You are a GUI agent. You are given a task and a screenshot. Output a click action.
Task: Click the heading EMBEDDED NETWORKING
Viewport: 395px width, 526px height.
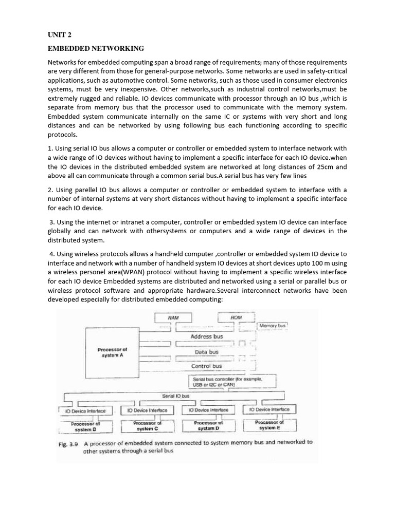click(96, 49)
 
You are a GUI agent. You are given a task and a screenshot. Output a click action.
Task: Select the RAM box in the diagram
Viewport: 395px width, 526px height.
click(173, 318)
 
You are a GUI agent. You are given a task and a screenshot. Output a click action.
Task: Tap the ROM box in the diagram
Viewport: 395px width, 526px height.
click(236, 318)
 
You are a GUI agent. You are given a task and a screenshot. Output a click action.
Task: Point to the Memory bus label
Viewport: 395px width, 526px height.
click(273, 326)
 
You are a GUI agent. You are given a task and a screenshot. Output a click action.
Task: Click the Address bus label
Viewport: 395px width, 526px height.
click(207, 336)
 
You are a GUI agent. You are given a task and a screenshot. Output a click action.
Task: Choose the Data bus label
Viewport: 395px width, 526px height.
click(207, 352)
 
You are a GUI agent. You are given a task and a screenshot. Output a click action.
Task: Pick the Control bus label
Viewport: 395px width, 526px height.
click(207, 366)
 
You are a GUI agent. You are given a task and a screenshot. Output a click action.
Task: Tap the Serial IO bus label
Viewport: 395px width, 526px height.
click(176, 396)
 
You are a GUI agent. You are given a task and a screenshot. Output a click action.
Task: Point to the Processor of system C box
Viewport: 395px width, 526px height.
click(147, 426)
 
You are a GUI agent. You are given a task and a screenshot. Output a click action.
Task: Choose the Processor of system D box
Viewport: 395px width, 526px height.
click(208, 426)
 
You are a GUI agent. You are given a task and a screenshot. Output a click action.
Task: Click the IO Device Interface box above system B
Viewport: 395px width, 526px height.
click(85, 411)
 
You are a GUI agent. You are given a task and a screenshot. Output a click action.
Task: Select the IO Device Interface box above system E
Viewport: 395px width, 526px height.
click(269, 409)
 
